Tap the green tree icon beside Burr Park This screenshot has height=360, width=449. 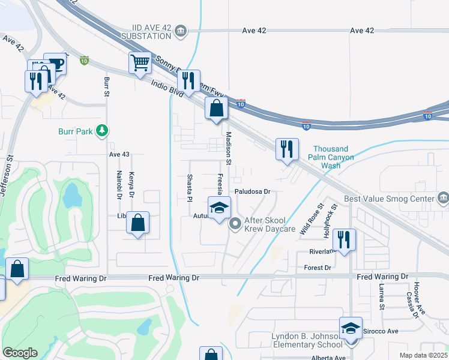[x=103, y=130]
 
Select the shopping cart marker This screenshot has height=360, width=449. [x=140, y=62]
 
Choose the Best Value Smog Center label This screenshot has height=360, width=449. [x=388, y=199]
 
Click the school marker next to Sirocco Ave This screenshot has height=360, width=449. [x=351, y=328]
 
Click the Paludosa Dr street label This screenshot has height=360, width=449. [x=253, y=192]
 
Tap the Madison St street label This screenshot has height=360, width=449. [x=228, y=145]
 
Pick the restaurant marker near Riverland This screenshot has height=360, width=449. [x=344, y=240]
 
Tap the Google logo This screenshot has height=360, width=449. [x=20, y=353]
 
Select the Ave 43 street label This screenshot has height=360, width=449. [x=119, y=154]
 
